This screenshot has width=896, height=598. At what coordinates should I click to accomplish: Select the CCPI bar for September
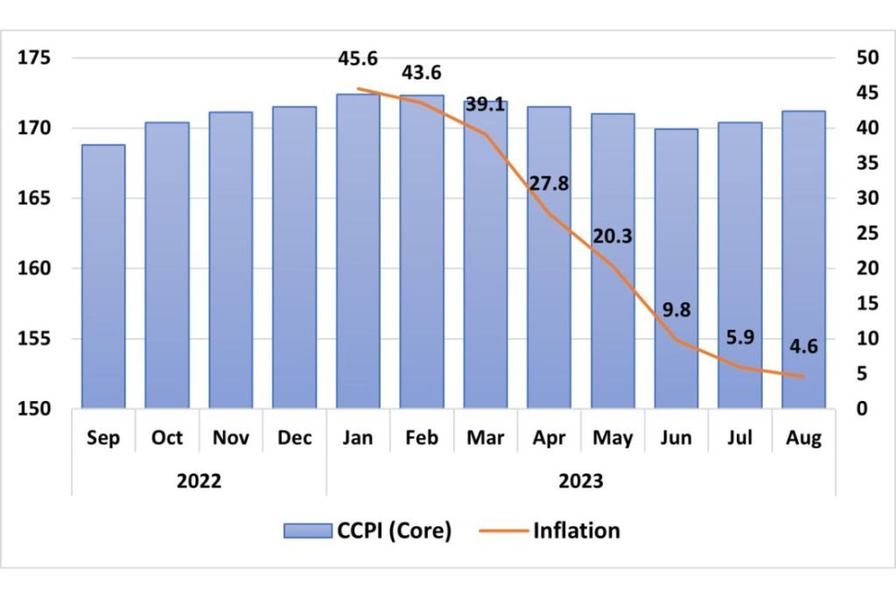[x=103, y=277]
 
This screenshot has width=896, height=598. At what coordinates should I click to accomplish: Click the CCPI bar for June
[x=676, y=269]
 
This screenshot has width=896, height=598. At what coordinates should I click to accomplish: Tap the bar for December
[x=294, y=257]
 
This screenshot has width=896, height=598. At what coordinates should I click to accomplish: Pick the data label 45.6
[x=359, y=59]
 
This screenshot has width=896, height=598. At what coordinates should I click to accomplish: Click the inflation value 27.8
[x=549, y=185]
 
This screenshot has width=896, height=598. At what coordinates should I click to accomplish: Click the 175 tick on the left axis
[x=37, y=59]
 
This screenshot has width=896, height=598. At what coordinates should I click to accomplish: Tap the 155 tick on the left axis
[x=37, y=339]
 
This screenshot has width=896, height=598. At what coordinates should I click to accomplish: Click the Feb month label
[x=422, y=437]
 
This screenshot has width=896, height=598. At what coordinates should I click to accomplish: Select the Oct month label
[x=167, y=437]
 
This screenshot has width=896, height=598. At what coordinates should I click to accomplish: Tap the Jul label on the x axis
[x=740, y=437]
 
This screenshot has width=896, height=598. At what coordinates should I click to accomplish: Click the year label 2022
[x=199, y=481]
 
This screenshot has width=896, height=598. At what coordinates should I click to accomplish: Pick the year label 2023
[x=581, y=481]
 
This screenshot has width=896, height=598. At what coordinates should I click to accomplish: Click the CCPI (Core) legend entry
[x=367, y=531]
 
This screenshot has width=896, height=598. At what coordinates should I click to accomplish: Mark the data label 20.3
[x=612, y=236]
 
